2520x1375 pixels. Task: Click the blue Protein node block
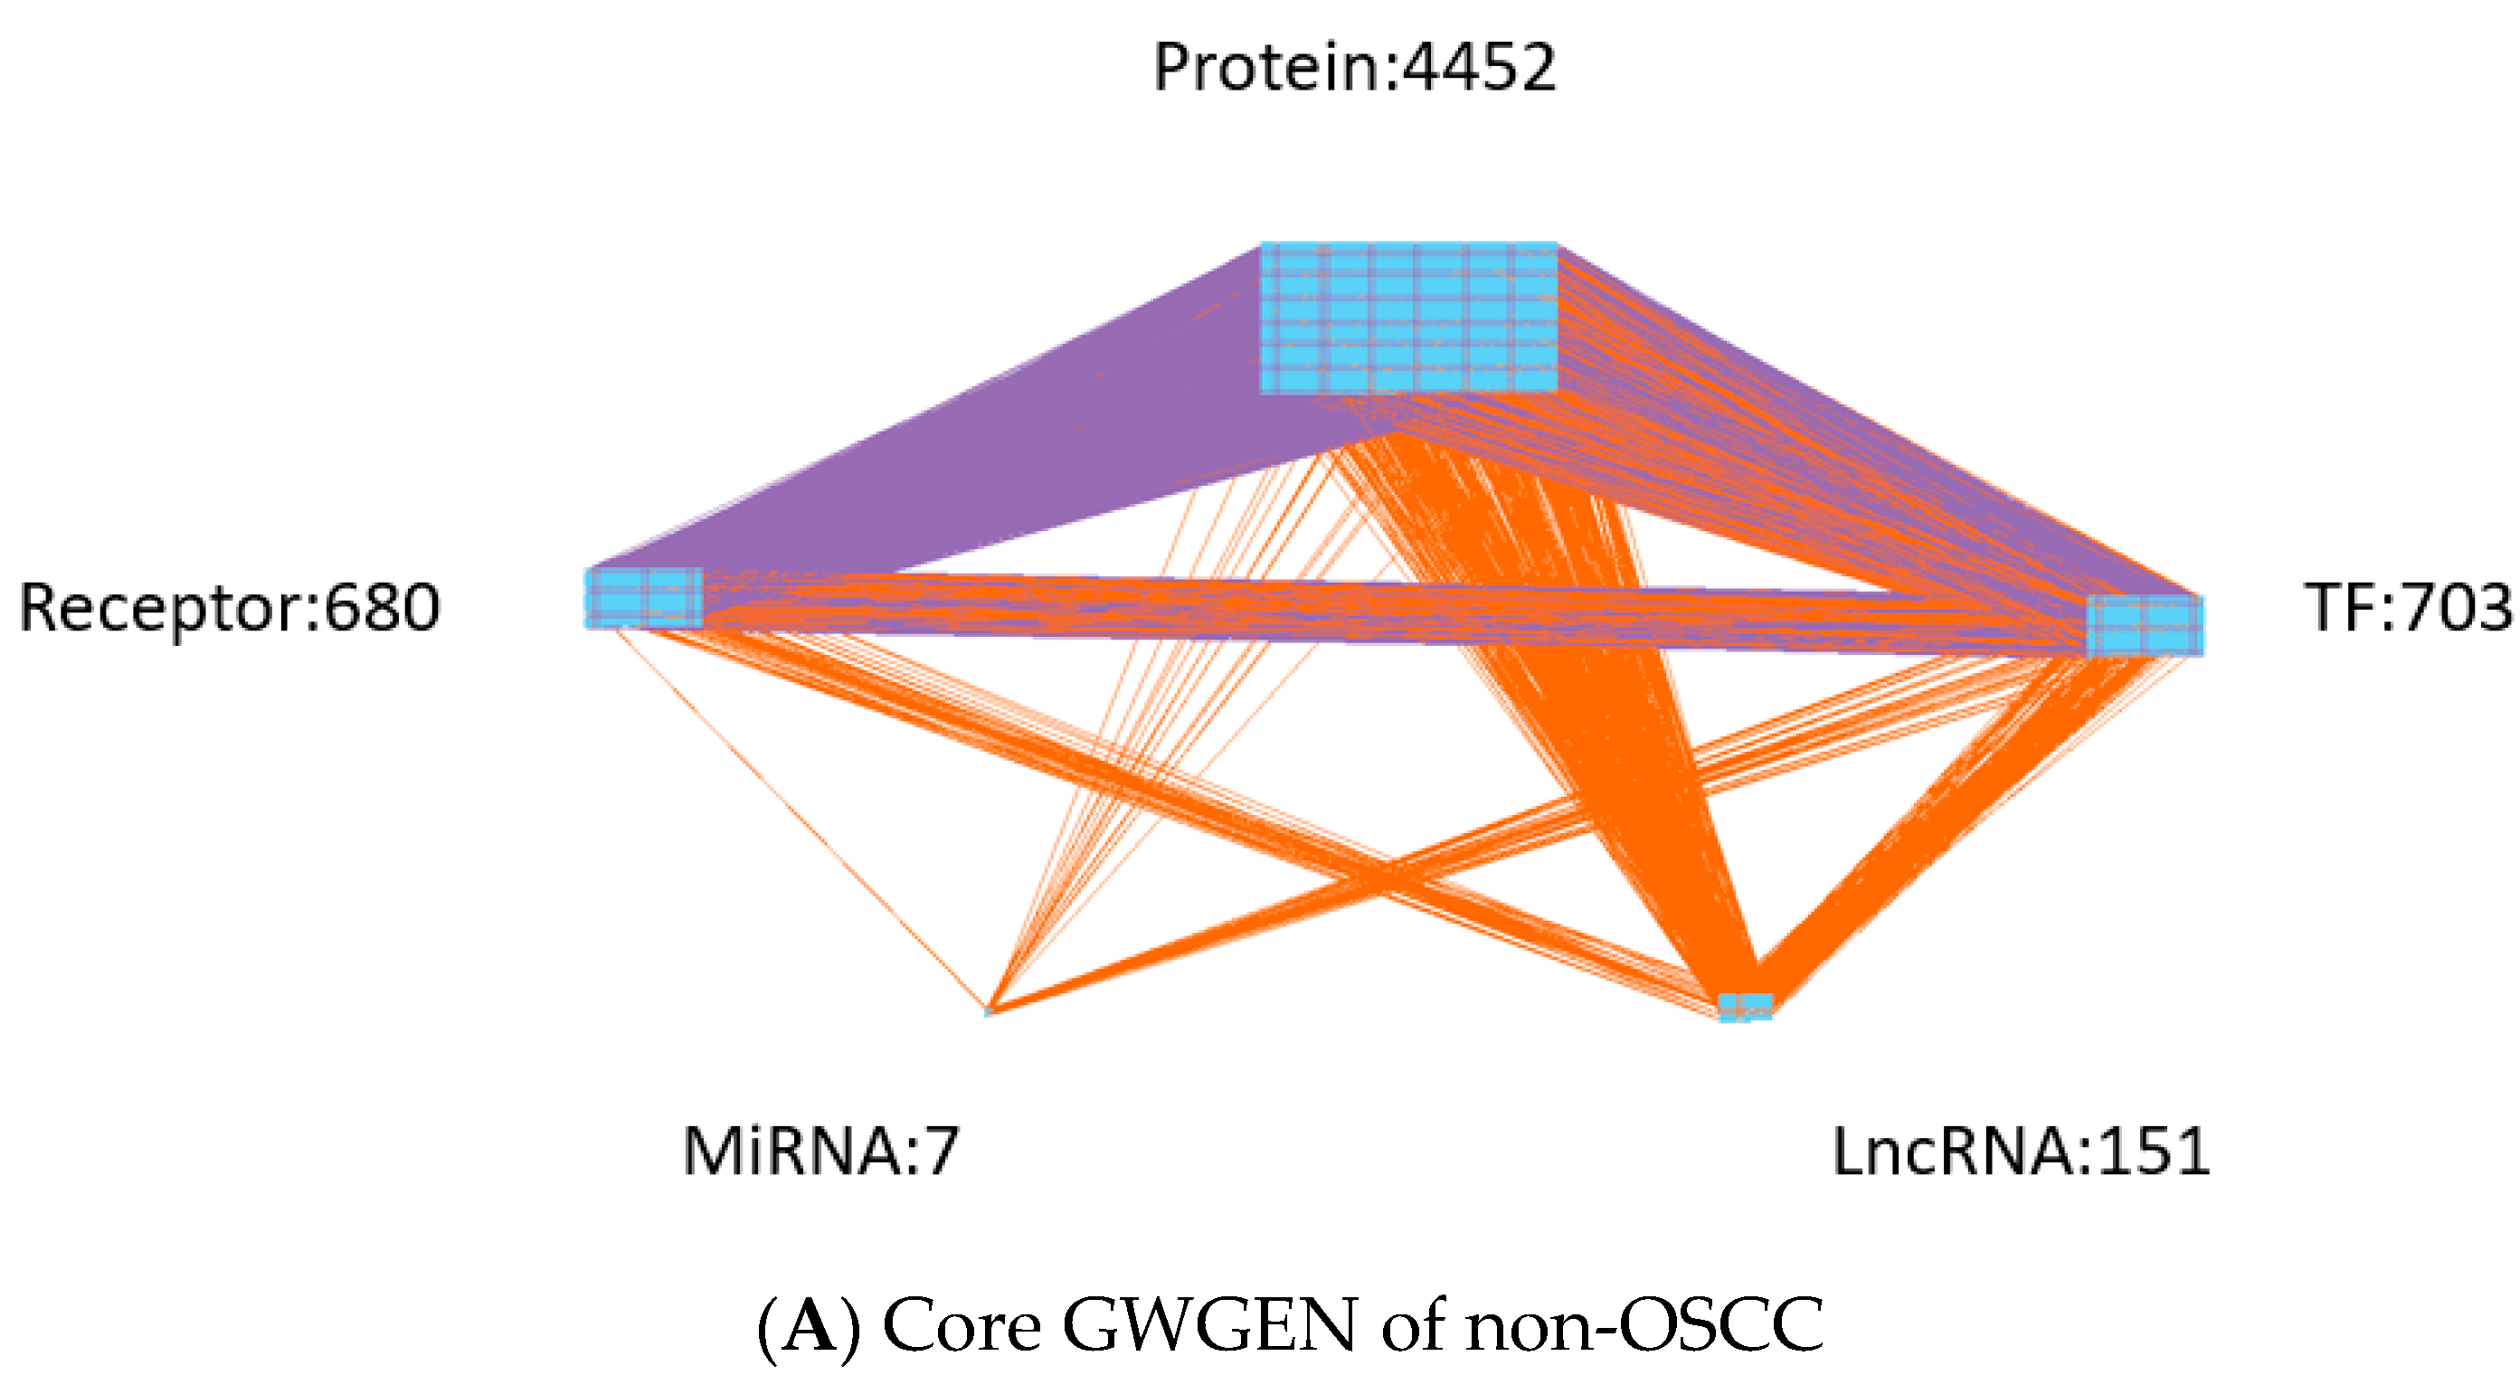point(1408,318)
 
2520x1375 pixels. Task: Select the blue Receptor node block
point(644,597)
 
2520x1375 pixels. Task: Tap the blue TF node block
point(2145,625)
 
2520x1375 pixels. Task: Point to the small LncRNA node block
point(1745,1006)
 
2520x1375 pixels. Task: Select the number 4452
point(1478,69)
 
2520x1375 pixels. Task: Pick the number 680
point(383,609)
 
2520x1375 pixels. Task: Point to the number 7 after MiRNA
point(943,1151)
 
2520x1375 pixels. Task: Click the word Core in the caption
point(962,1327)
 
